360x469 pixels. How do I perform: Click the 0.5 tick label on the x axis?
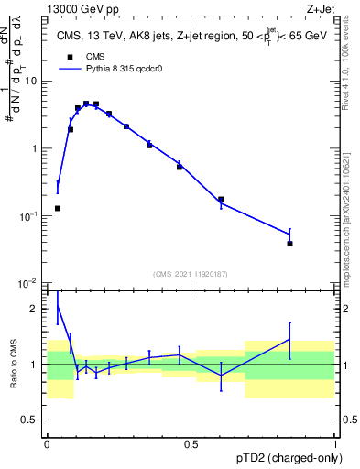tap(191, 444)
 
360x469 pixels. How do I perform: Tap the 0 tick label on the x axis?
tap(47, 444)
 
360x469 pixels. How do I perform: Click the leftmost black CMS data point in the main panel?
tap(58, 208)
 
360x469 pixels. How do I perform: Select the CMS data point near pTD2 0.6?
tap(221, 199)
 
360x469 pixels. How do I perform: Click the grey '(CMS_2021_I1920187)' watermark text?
tap(191, 272)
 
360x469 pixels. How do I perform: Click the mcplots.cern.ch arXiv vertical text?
tap(352, 211)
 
